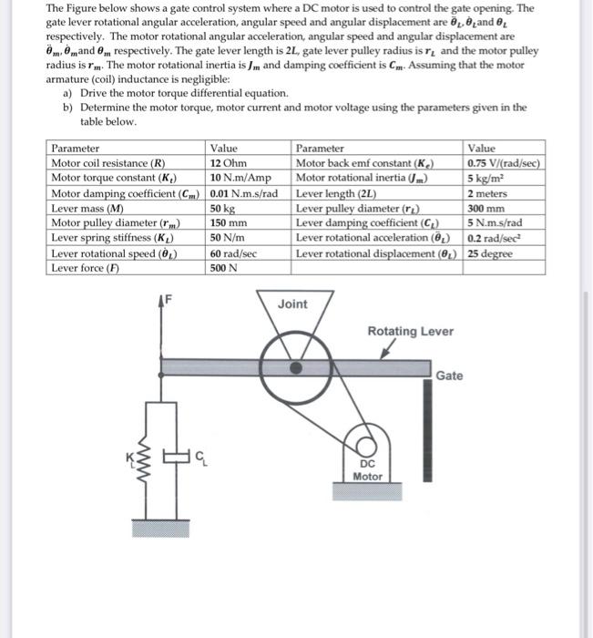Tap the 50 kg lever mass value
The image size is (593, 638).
point(224,208)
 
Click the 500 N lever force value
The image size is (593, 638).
point(224,267)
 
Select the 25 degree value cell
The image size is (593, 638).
point(487,252)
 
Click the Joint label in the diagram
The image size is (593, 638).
point(292,304)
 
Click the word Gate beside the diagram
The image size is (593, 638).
point(449,376)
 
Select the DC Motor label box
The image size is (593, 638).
point(367,468)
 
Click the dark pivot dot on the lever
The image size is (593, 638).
point(295,368)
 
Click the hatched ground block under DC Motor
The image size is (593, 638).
point(367,492)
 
